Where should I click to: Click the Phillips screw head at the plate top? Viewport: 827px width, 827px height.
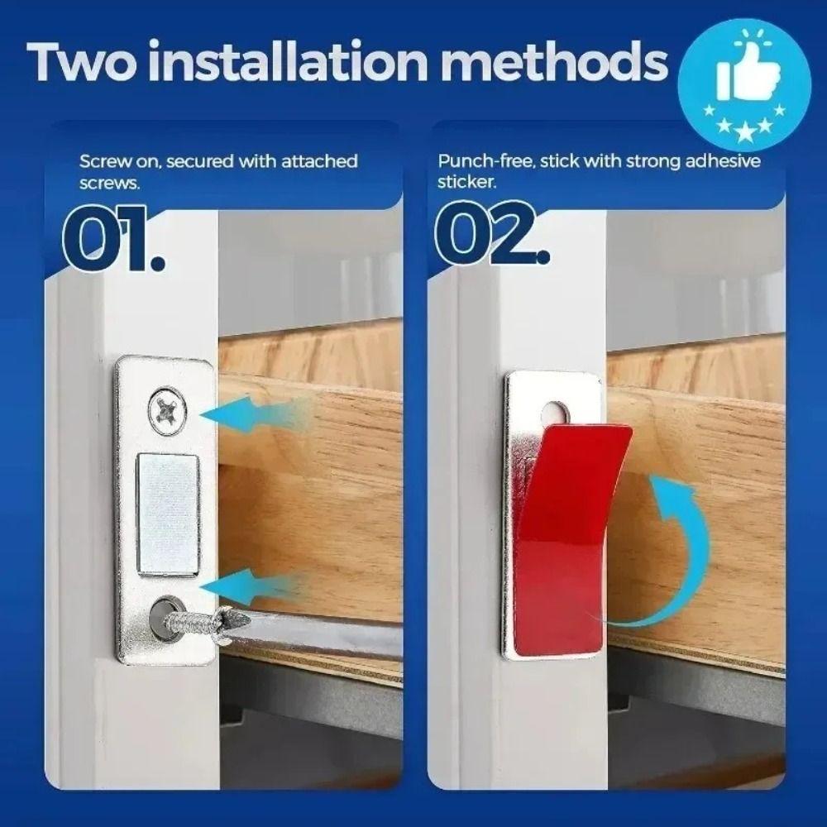click(166, 409)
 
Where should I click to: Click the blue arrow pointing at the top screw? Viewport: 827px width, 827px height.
click(248, 413)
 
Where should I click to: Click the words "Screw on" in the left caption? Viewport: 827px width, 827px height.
click(117, 160)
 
